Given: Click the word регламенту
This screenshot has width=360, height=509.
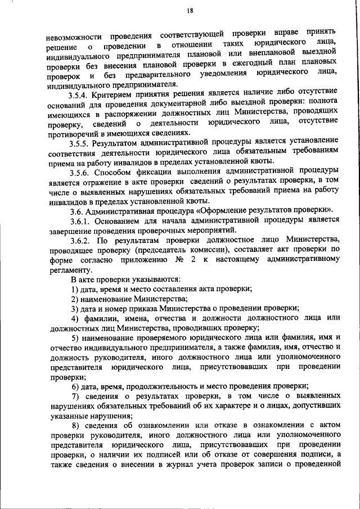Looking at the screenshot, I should click(67, 269).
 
